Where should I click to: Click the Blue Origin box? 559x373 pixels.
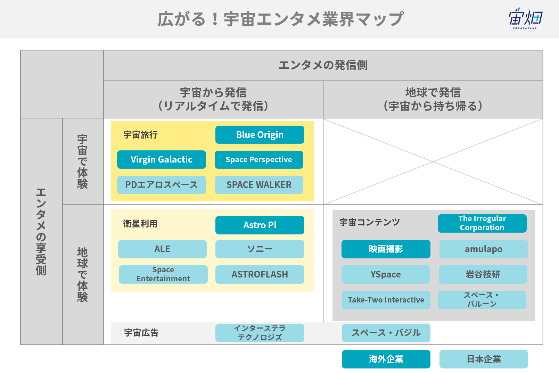[260, 135]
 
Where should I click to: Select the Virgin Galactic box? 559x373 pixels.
[162, 159]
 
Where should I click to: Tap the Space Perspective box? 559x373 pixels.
[259, 160]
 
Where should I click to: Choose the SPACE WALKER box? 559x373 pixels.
[259, 185]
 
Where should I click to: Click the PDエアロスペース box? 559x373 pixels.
[162, 185]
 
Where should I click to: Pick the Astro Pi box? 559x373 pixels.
[260, 225]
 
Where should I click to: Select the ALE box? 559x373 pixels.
[162, 249]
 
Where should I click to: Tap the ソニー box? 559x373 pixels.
[260, 249]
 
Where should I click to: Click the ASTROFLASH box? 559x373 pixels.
[260, 274]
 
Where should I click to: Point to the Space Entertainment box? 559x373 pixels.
[163, 274]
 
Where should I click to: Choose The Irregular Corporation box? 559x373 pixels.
[482, 223]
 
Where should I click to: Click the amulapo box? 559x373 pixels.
[484, 249]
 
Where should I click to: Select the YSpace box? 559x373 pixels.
[386, 274]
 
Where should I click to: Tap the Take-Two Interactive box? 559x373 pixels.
[386, 300]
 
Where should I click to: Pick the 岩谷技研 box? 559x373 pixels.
[483, 274]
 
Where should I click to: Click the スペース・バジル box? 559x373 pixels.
[386, 333]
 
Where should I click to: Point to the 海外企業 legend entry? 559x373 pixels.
[386, 359]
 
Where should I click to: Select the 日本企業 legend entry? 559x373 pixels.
[484, 359]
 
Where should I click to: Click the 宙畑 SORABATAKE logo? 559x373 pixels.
[526, 18]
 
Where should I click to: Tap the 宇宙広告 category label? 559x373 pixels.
[141, 333]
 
